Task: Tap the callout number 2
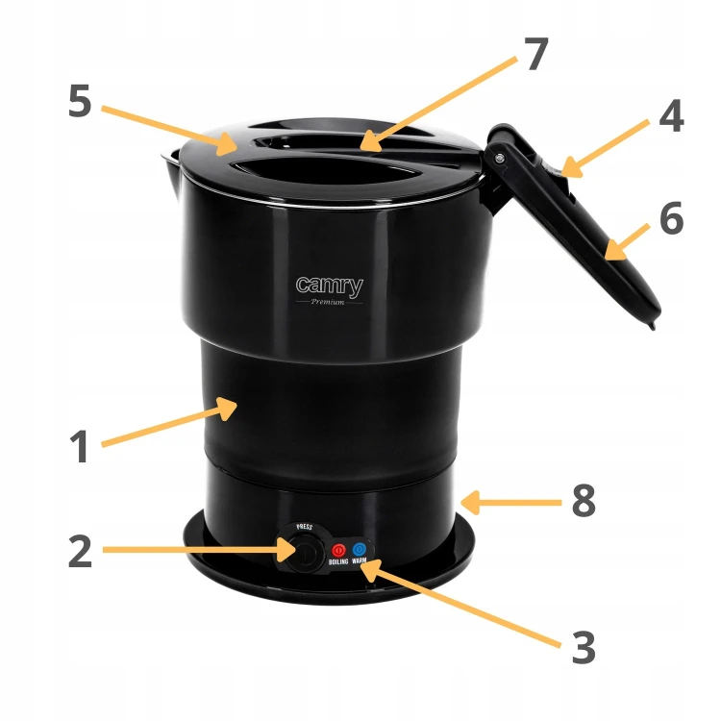click(x=80, y=551)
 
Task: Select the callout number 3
click(x=584, y=647)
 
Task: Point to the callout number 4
click(x=671, y=116)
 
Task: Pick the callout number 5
click(x=80, y=101)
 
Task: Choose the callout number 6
click(x=671, y=218)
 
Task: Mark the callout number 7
click(x=536, y=53)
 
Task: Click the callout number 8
click(x=584, y=500)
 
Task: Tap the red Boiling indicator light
click(x=338, y=550)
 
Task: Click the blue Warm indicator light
click(x=360, y=549)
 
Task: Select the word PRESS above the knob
click(x=304, y=527)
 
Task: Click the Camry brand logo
click(x=329, y=286)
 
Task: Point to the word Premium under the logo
click(x=328, y=302)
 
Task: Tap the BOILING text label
click(x=338, y=562)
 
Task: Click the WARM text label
click(x=360, y=560)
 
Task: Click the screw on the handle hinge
click(x=500, y=159)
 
